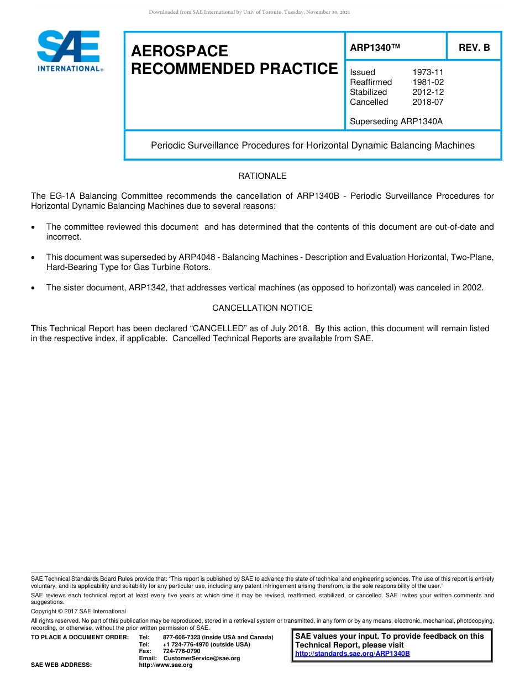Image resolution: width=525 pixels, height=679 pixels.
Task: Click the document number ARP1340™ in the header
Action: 375,47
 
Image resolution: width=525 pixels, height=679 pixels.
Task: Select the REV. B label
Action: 474,47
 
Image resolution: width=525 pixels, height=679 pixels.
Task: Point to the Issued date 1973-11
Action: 428,72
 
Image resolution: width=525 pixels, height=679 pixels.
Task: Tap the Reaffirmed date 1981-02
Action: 428,82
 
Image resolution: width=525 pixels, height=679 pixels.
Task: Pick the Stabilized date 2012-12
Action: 428,92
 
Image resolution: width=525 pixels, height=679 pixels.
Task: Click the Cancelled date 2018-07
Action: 428,102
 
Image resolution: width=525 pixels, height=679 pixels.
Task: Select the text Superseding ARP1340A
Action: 396,121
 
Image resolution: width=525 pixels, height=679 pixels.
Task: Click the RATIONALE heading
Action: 262,176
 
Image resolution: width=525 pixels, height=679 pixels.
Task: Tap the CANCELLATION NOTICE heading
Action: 262,308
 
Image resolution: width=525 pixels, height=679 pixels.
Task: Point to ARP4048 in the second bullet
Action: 196,257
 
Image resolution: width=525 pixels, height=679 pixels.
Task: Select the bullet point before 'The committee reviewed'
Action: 34,227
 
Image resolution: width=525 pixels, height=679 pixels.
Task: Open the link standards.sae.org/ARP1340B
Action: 352,654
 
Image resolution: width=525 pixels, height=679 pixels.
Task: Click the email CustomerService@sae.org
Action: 202,658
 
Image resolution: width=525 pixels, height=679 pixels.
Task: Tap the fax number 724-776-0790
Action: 181,651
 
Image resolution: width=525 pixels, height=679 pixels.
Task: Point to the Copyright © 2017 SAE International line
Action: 78,611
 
